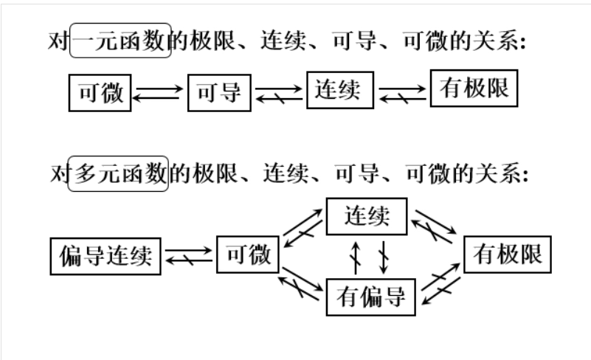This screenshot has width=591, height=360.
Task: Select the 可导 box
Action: pos(219,93)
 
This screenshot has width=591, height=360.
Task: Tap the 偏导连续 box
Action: pos(106,256)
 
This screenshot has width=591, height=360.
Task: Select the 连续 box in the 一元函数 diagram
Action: pos(339,89)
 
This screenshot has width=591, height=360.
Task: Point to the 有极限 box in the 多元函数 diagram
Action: pos(508,255)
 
